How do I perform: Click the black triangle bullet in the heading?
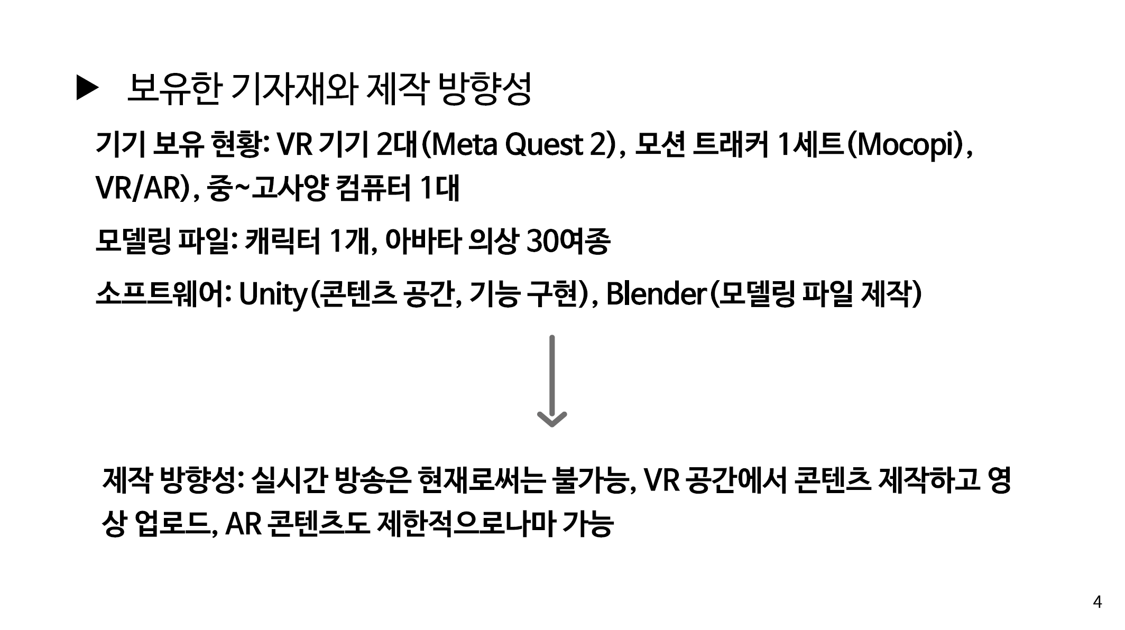[x=87, y=88]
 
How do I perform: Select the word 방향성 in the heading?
[x=485, y=88]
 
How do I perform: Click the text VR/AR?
[x=139, y=188]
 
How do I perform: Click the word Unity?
[x=272, y=294]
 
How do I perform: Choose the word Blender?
[x=656, y=294]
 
